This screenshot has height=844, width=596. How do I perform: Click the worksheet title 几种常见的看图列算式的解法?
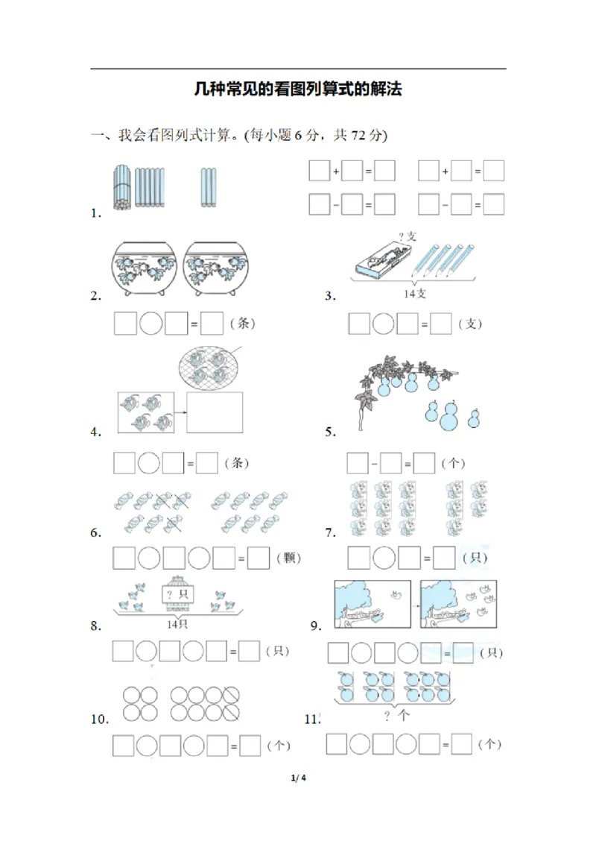click(298, 90)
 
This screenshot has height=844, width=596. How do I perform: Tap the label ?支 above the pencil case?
click(407, 236)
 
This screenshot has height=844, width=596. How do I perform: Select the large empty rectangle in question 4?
click(215, 412)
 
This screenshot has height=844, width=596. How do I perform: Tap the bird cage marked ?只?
click(177, 593)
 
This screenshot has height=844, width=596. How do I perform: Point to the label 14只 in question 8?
click(177, 624)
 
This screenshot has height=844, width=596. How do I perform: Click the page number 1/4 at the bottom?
click(299, 778)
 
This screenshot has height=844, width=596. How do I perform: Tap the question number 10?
click(100, 719)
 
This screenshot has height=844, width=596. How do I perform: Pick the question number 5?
click(330, 432)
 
